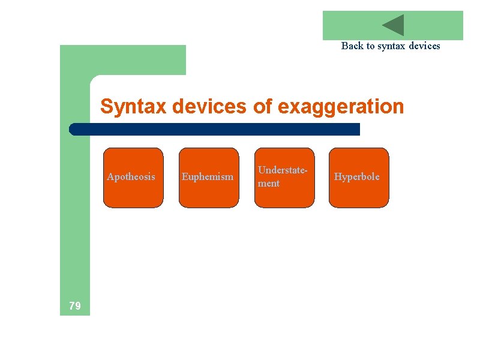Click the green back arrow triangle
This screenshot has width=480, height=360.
[395, 25]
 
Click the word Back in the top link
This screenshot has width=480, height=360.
[352, 46]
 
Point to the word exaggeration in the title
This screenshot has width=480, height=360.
[341, 107]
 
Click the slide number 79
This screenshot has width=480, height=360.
[75, 306]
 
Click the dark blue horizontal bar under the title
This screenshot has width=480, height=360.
[216, 129]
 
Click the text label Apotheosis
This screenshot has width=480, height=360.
[131, 176]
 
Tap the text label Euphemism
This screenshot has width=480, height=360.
[208, 176]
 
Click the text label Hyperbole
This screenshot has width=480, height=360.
[357, 176]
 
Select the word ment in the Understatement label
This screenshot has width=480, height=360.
[268, 184]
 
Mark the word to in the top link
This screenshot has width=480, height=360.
[370, 46]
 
